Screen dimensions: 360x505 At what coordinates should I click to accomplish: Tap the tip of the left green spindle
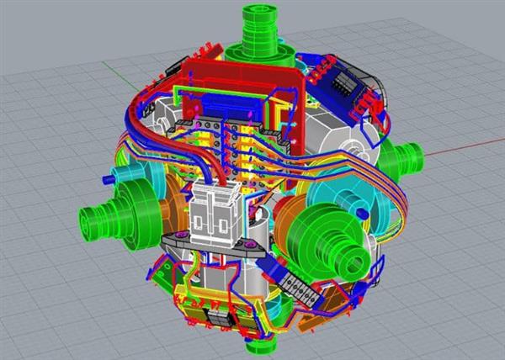[x=88, y=222]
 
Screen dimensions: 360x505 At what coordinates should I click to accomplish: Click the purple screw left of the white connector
[x=181, y=235]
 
